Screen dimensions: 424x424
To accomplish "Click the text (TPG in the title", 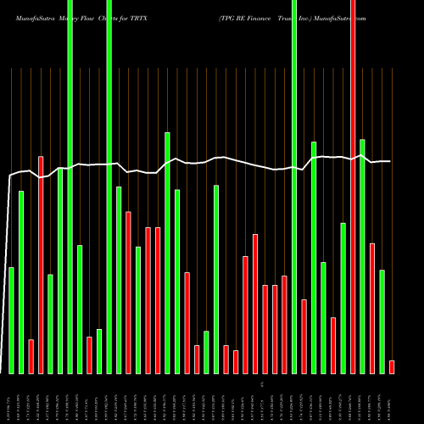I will click(x=227, y=17).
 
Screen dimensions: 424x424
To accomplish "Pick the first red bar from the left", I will click(x=31, y=356).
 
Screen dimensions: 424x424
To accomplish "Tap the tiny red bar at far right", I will click(x=392, y=366).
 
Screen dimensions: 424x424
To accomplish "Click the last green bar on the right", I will click(x=382, y=321).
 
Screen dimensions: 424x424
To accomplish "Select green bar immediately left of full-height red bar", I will click(x=343, y=298).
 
